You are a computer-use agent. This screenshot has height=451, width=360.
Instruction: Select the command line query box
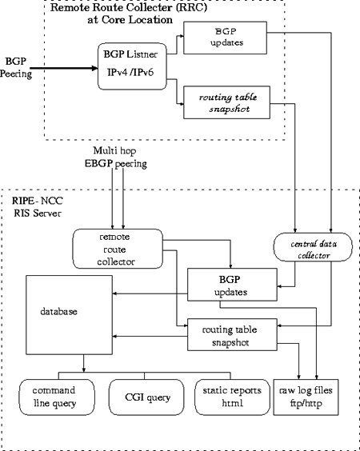pyautogui.click(x=54, y=397)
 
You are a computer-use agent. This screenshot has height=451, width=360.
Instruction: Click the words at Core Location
pyautogui.click(x=130, y=20)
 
